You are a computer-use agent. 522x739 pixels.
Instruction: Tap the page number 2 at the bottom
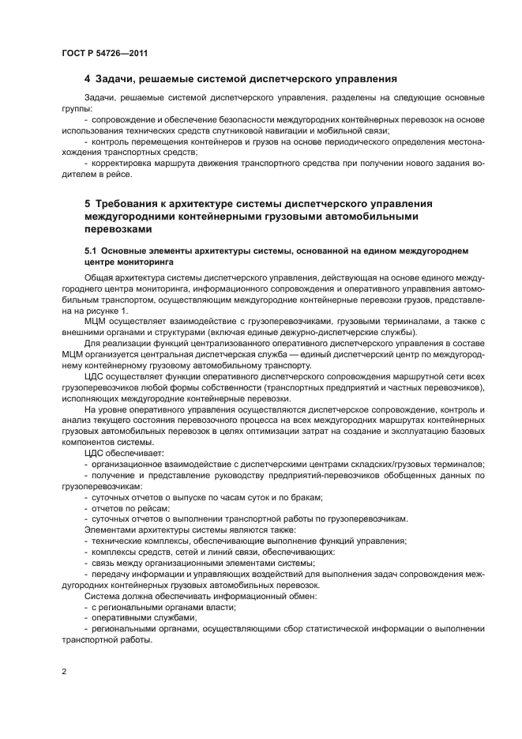[64, 671]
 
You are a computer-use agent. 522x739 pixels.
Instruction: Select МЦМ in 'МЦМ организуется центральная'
[75, 354]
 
